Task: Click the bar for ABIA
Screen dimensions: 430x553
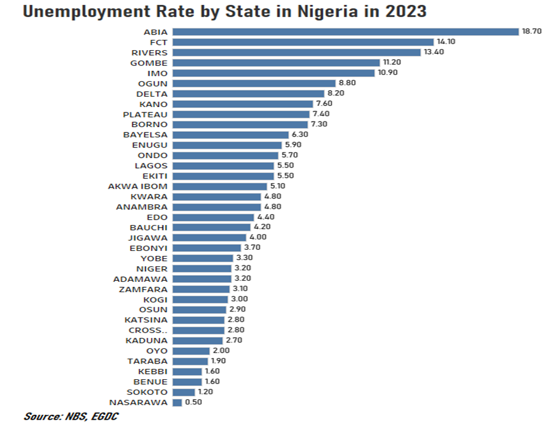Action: (346, 31)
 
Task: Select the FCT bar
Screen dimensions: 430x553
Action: (303, 42)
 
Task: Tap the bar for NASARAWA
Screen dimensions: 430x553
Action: (177, 402)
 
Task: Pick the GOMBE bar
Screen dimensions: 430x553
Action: (276, 62)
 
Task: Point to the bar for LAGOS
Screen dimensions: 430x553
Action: (222, 166)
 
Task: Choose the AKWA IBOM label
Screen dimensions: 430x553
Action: (138, 186)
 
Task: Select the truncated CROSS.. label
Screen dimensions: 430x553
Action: (148, 330)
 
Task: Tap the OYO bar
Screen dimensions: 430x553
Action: (191, 351)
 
